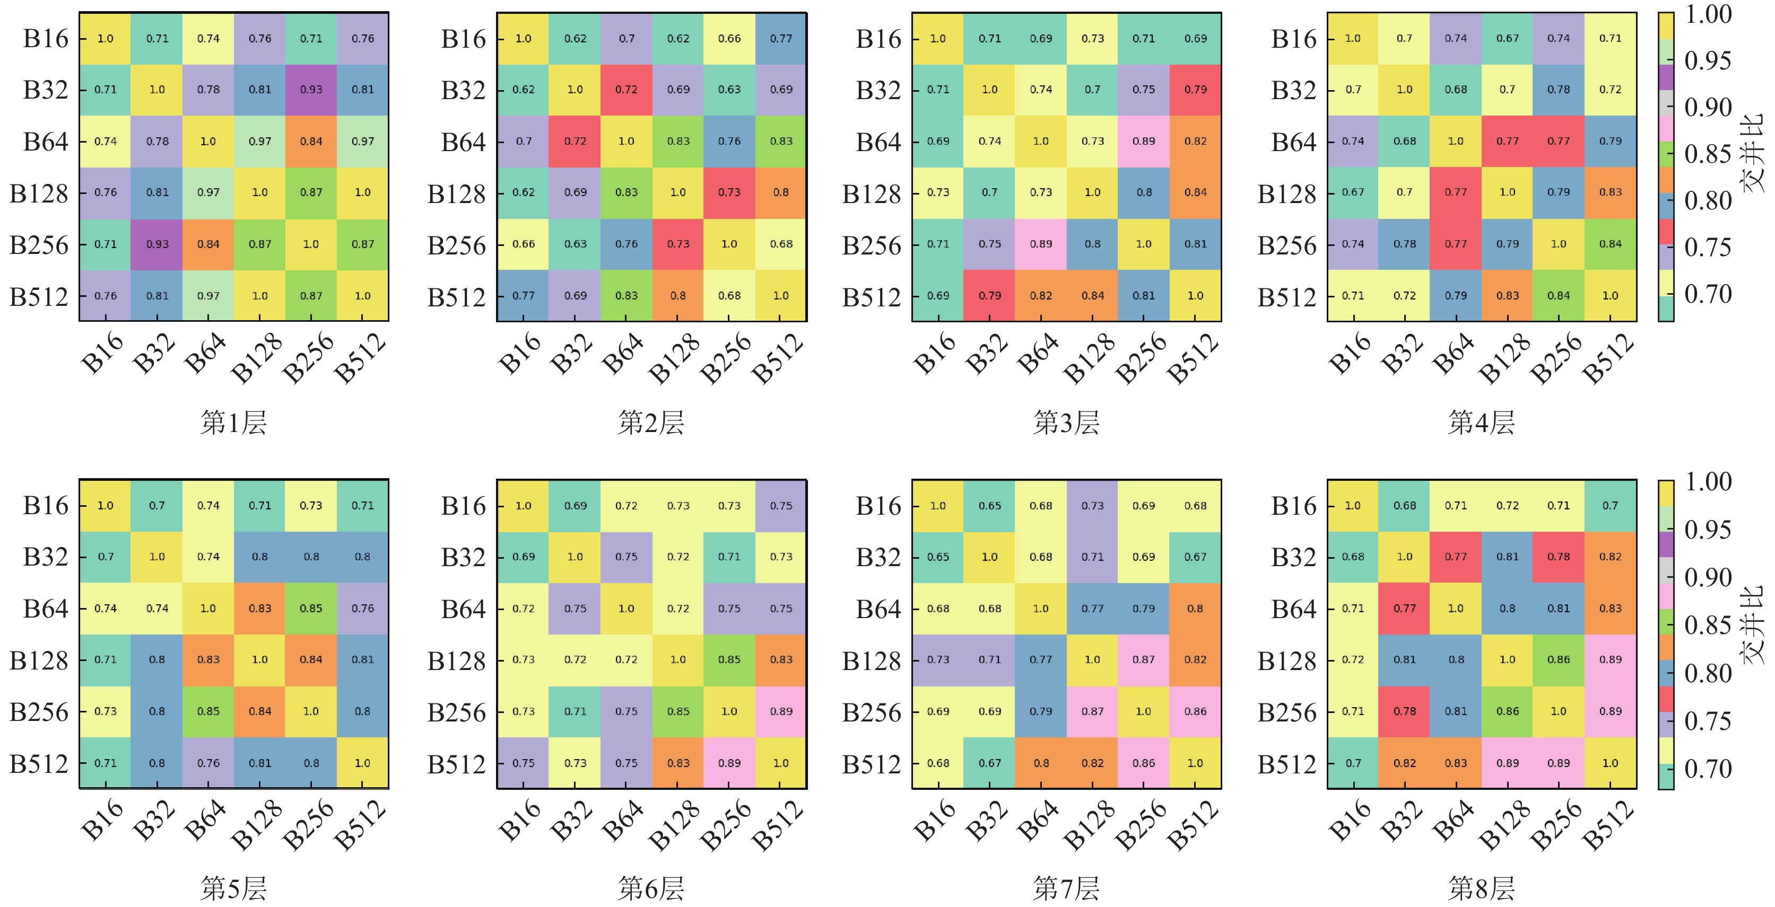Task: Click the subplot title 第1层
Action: [233, 422]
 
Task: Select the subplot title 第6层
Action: [651, 888]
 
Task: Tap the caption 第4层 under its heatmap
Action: [1482, 422]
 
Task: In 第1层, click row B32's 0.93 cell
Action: [311, 90]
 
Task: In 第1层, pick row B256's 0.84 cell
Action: [208, 244]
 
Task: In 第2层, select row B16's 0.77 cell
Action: [781, 39]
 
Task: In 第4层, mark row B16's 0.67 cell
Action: [1507, 39]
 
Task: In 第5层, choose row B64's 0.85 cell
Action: [311, 608]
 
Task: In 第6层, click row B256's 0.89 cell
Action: [781, 711]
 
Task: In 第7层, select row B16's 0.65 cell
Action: [989, 506]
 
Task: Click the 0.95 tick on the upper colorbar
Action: [1708, 60]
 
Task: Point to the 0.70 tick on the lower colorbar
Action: [1708, 769]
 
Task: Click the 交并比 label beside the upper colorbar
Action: [1754, 153]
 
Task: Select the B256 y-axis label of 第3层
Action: [872, 245]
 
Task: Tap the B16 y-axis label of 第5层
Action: [46, 506]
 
